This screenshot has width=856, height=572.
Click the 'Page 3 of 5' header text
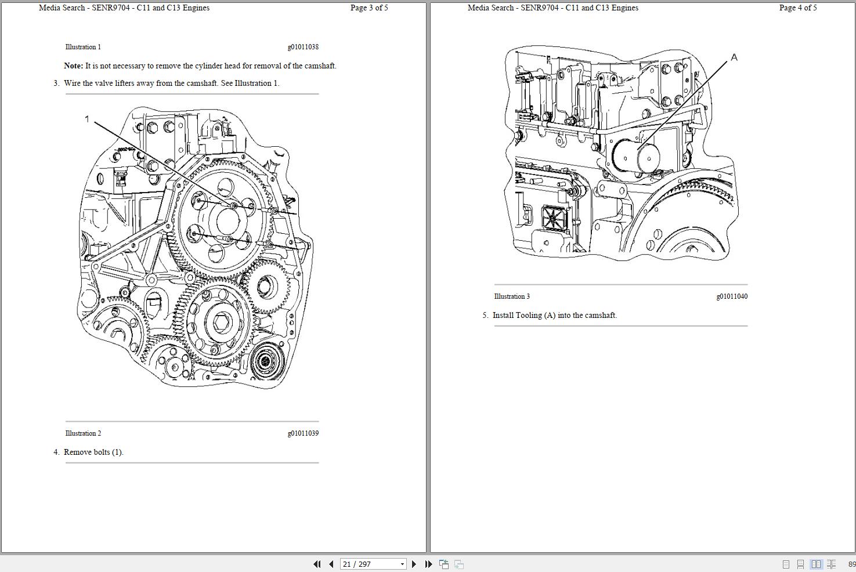coord(369,8)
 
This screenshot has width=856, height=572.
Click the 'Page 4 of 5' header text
coord(798,8)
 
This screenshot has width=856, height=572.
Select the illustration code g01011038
coord(303,47)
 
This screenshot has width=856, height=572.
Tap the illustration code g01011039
coord(303,433)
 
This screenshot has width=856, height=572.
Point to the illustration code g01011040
coord(732,296)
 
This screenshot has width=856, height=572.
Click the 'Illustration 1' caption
coord(83,47)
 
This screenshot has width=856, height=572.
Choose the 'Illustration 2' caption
coord(83,433)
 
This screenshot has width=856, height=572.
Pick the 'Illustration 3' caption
coord(512,296)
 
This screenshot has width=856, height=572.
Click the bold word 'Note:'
coord(73,66)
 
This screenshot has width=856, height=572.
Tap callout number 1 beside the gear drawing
coord(87,119)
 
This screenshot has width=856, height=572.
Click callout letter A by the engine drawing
coord(734,57)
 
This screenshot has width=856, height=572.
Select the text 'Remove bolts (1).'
coord(93,452)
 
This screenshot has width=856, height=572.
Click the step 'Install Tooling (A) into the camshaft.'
coord(554,316)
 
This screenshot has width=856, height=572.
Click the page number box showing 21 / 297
coord(373,564)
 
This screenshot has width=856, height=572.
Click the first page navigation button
coord(317,564)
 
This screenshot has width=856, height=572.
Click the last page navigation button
coord(428,564)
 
